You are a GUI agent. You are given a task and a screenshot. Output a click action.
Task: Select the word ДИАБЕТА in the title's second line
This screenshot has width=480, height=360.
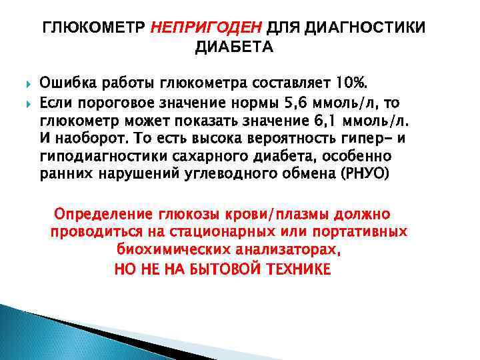[x=233, y=47]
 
